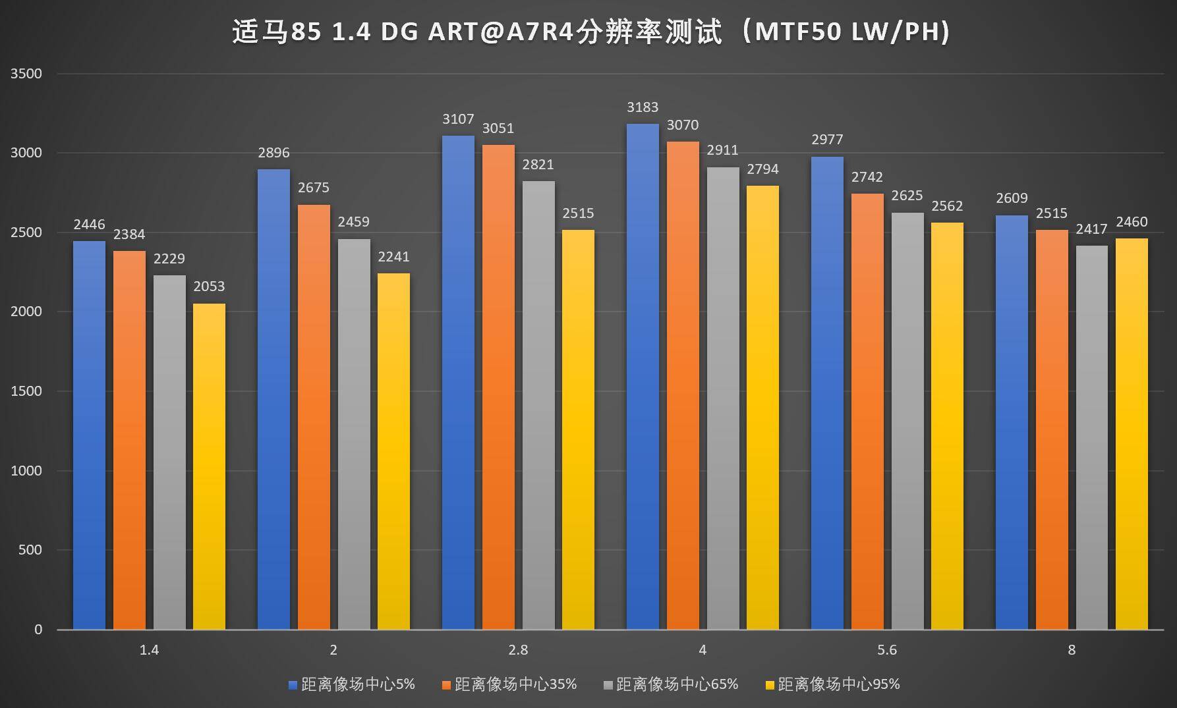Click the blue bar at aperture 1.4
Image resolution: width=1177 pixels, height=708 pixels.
(x=89, y=435)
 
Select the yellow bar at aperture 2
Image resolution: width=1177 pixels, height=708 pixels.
(x=393, y=451)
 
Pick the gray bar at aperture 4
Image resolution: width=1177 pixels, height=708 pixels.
(x=723, y=398)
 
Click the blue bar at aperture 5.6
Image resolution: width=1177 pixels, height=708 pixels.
(x=827, y=393)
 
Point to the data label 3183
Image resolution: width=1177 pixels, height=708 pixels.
(x=643, y=107)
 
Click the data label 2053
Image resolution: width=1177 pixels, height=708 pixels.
(x=209, y=286)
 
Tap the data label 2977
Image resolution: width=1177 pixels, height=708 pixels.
(x=827, y=140)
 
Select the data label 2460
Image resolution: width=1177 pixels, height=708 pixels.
(x=1132, y=222)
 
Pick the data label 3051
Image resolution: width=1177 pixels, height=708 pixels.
(x=498, y=128)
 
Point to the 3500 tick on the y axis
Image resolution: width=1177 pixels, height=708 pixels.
(x=26, y=74)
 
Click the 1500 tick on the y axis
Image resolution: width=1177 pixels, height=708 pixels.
(x=26, y=391)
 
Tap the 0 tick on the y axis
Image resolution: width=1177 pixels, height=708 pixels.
(x=38, y=630)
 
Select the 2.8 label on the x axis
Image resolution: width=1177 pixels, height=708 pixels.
(x=518, y=650)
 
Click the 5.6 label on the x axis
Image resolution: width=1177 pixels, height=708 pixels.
(x=887, y=650)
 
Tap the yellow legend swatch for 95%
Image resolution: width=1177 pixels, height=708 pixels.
(x=769, y=686)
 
